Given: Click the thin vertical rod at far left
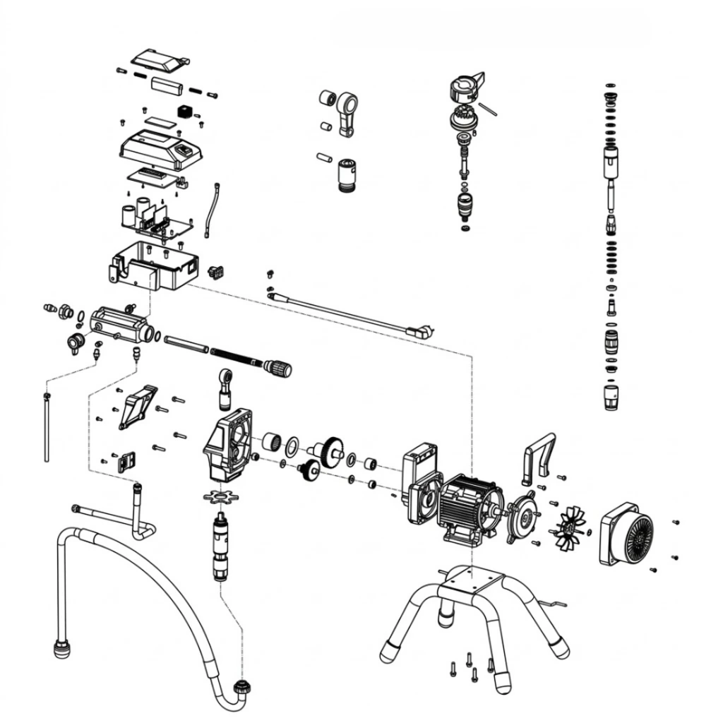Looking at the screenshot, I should coord(47,431).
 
